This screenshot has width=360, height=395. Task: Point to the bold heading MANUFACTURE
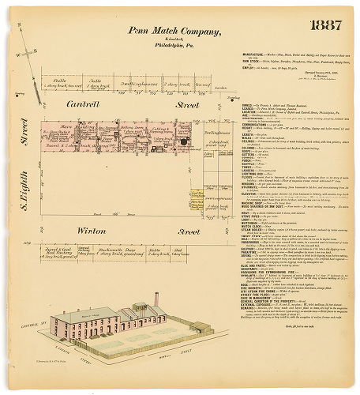coord(254,55)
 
